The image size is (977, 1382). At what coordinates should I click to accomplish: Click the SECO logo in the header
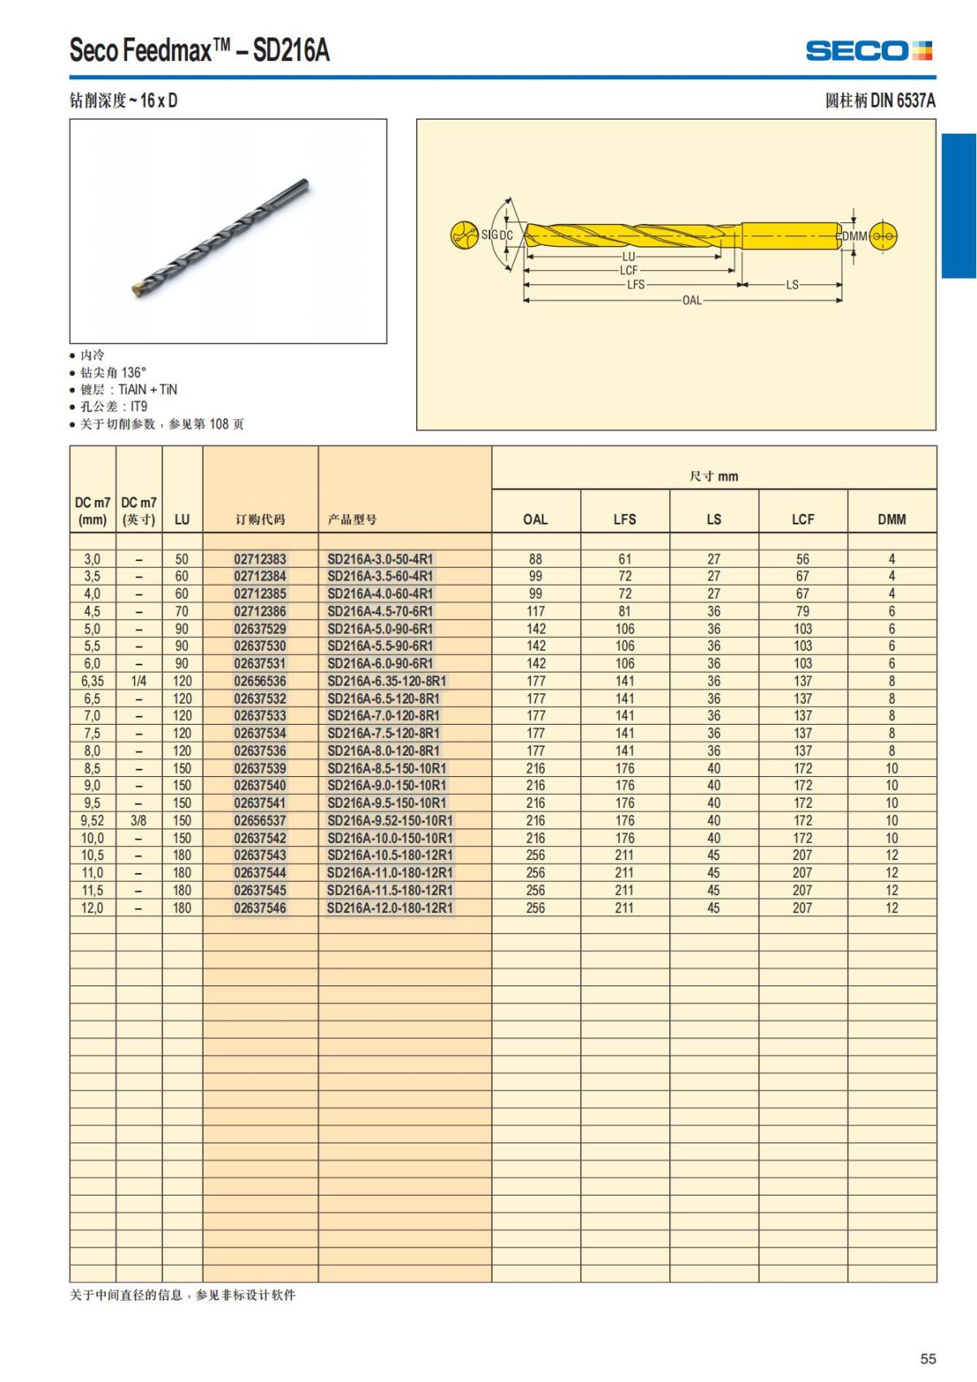point(869,51)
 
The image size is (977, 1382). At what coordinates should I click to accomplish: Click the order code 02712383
point(260,559)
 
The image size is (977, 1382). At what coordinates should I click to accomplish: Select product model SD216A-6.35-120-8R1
point(387,681)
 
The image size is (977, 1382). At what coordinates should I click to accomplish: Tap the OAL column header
point(535,519)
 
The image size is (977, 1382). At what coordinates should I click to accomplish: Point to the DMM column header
point(892,519)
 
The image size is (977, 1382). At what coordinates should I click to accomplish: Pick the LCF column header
point(803,519)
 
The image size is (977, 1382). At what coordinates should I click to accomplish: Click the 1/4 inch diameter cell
point(138,681)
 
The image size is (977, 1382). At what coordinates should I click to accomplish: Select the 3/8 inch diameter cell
point(138,820)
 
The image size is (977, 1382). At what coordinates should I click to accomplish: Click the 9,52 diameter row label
point(92,820)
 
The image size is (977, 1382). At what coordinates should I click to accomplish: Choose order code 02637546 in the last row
point(260,907)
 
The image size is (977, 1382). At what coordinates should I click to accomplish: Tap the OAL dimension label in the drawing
point(691,301)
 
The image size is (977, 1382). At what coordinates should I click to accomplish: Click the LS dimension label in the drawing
point(792,285)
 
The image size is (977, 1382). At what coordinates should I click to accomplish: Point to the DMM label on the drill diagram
point(854,236)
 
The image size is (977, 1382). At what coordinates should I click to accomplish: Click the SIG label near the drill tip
point(488,235)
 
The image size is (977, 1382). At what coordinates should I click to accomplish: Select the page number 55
point(927,1358)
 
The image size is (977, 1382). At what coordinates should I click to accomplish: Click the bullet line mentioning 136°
point(113,372)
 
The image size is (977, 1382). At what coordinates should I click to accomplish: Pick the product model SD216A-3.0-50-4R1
point(380,559)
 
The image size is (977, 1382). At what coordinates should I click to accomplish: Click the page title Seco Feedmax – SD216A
point(199,50)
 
